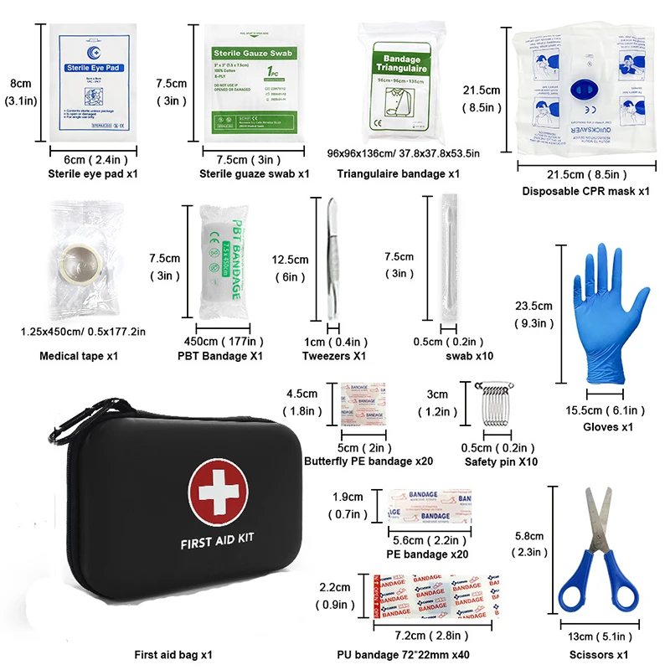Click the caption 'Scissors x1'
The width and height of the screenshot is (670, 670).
598,655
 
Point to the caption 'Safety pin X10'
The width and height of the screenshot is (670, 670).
501,462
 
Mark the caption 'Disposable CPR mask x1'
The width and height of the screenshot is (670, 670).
586,192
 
